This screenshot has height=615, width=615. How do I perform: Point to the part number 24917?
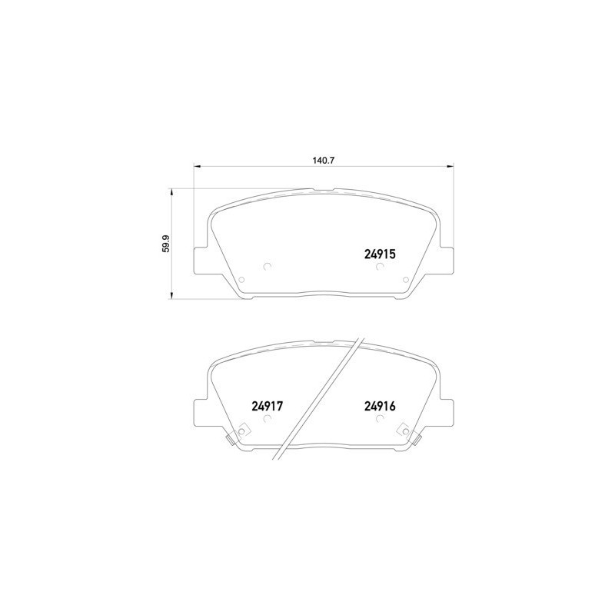(x=268, y=407)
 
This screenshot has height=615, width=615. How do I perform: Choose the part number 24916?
(x=379, y=407)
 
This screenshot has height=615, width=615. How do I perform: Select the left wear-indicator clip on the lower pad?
(x=231, y=438)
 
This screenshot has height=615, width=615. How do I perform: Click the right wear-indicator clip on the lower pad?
(x=415, y=438)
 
